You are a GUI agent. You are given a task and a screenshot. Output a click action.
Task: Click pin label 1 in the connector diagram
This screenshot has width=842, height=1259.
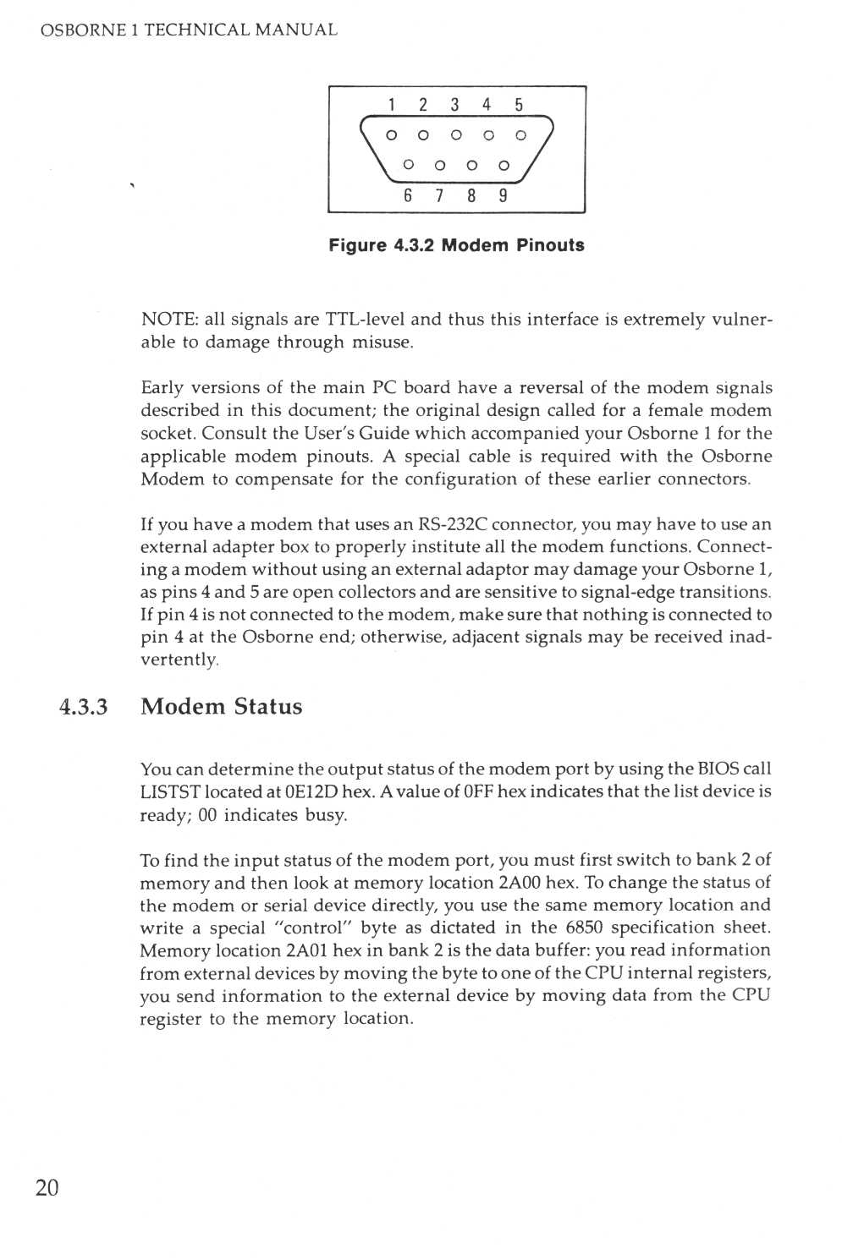click(x=392, y=105)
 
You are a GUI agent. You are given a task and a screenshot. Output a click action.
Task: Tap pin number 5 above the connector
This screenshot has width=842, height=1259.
click(x=519, y=105)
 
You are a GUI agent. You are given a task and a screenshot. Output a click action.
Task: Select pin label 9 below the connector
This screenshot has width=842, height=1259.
click(x=503, y=195)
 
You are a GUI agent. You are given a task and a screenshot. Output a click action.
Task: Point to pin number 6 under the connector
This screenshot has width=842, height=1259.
click(x=408, y=195)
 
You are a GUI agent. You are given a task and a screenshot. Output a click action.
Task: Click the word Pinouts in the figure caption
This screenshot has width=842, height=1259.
click(x=550, y=245)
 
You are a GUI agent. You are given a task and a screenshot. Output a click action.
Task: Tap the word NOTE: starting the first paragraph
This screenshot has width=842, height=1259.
click(x=169, y=320)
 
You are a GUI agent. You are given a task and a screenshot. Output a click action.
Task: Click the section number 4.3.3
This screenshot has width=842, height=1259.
click(x=84, y=707)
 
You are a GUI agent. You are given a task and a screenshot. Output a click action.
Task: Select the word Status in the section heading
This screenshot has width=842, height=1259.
click(x=268, y=707)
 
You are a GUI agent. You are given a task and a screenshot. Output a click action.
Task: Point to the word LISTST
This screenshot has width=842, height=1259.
click(x=170, y=792)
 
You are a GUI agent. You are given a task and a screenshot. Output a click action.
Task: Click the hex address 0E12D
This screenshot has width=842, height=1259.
click(x=311, y=792)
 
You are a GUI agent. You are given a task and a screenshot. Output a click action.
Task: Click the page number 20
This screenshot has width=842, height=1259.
click(x=47, y=1188)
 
